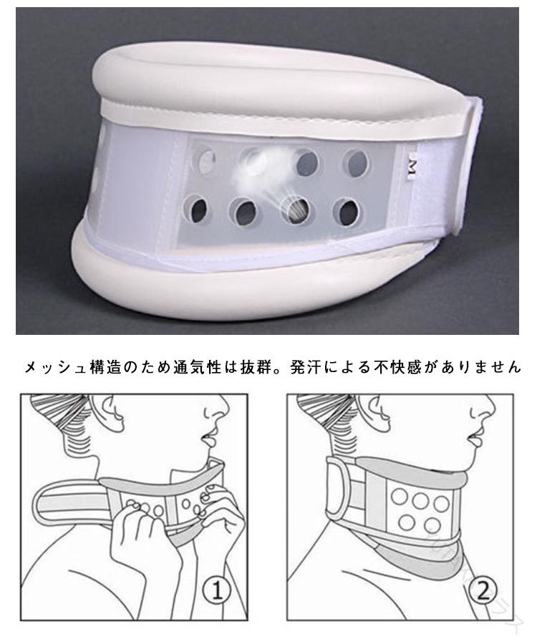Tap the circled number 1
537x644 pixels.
[x=216, y=591]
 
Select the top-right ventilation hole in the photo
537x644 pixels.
[x=355, y=163]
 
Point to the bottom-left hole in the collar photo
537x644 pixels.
[x=198, y=209]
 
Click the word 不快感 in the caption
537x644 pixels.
[x=397, y=367]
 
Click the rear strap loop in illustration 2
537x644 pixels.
[x=339, y=487]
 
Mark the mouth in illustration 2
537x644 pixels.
[x=474, y=440]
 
